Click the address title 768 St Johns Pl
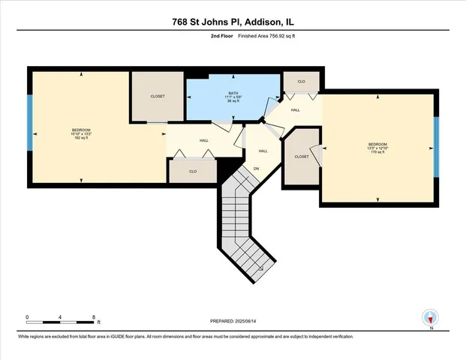point(233,22)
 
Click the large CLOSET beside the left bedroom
point(158,96)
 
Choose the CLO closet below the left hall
point(193,171)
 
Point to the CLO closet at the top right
point(301,81)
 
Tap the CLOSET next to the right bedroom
point(302,157)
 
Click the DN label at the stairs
point(255,169)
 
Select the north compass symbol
point(430,318)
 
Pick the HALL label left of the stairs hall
point(203,140)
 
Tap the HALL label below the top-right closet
point(296,110)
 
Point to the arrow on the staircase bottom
point(259,268)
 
